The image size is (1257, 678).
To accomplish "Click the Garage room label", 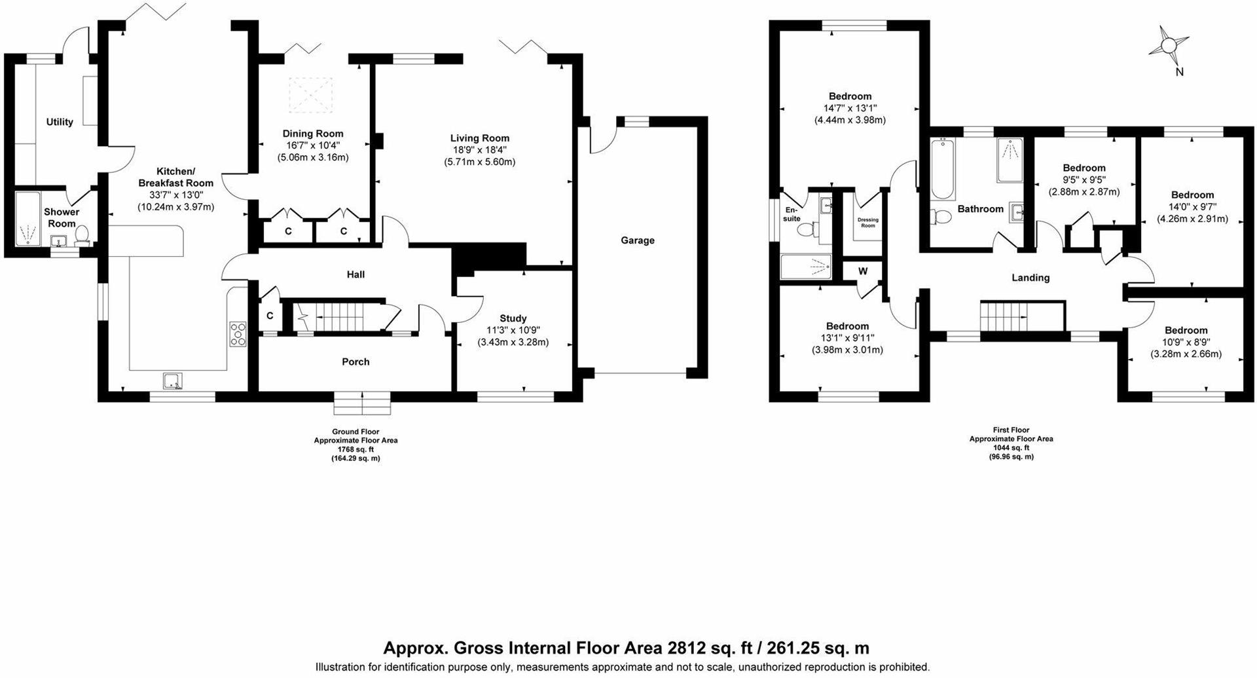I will coord(637,240).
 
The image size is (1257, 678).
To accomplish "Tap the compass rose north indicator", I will coord(1169,46).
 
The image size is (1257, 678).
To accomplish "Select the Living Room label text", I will coord(479,138).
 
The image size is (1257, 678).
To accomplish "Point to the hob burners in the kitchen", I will coord(238,334).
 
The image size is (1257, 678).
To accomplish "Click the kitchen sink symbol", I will coord(173,381).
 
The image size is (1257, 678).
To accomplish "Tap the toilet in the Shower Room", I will coord(82,234).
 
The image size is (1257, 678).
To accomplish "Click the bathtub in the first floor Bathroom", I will coord(943,169).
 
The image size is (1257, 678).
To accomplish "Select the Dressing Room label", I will coord(867,223).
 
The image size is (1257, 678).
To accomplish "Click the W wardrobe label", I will coord(863,271).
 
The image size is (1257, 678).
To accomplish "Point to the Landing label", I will coord(1030,278).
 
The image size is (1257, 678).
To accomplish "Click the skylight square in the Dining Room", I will coord(311,94).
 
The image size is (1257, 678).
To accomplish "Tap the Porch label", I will coord(355,362).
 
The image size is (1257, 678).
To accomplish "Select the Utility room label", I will coord(60,122).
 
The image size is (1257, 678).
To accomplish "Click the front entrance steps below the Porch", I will coord(362,405).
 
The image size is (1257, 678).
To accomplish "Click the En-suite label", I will coord(792,214).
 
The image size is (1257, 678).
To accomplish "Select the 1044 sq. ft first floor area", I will coord(1010,447).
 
